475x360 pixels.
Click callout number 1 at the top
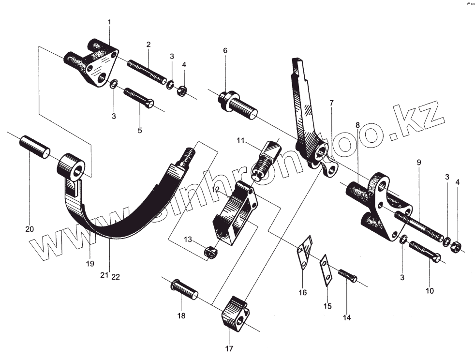[x=109, y=22]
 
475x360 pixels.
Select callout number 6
[x=225, y=50]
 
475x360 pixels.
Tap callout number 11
[x=240, y=141]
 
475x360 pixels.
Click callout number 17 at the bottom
[x=229, y=348]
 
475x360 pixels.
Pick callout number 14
[x=347, y=318]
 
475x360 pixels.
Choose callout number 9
[x=419, y=163]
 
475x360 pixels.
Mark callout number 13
[x=188, y=240]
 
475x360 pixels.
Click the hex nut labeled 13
[x=210, y=251]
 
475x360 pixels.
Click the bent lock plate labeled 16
[x=304, y=252]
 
